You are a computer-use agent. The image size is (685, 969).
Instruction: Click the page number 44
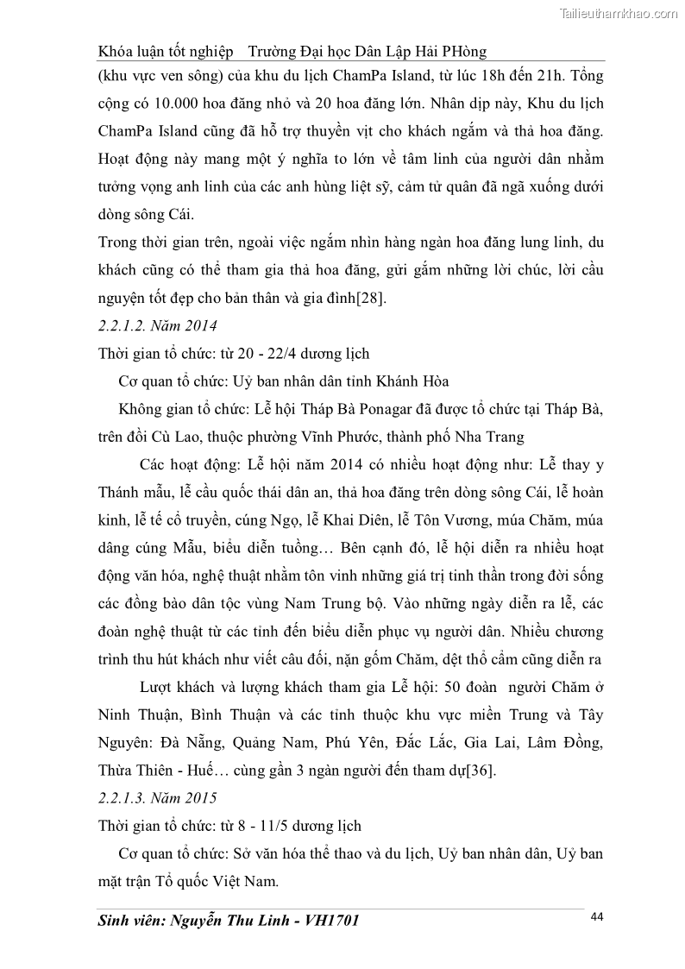click(x=596, y=916)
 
